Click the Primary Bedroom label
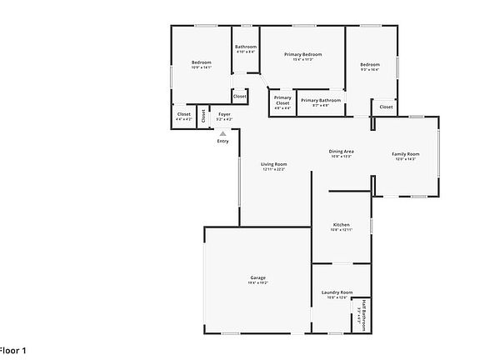point(302,53)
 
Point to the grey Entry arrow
point(222,132)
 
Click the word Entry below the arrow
point(222,141)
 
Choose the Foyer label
point(225,114)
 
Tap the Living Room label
point(274,164)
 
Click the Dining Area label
point(342,151)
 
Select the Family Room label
point(406,154)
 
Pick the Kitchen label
point(342,225)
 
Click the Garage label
point(257,277)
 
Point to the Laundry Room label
point(337,292)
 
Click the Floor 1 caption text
point(14,351)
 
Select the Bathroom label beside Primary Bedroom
point(246,47)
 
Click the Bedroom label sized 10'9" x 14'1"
point(202,62)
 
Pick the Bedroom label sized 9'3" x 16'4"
point(370,65)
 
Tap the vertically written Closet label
point(203,116)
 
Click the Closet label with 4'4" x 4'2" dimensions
point(184,114)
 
